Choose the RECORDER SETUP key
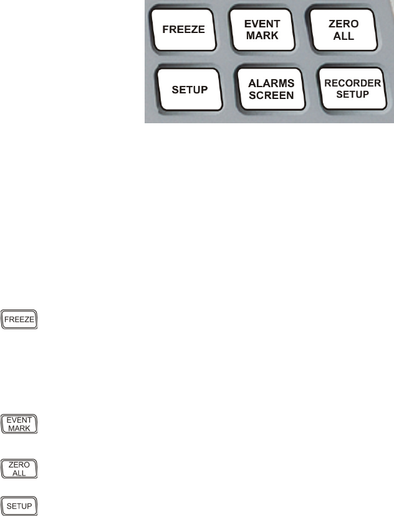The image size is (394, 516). click(x=350, y=89)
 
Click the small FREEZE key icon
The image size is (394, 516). click(x=20, y=320)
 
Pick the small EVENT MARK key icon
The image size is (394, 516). click(x=20, y=424)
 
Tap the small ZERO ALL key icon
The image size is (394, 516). click(x=20, y=469)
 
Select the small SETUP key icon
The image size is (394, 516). click(x=20, y=505)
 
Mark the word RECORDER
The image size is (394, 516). click(x=350, y=83)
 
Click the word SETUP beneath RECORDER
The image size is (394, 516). click(x=350, y=95)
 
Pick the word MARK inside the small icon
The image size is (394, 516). click(x=20, y=428)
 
